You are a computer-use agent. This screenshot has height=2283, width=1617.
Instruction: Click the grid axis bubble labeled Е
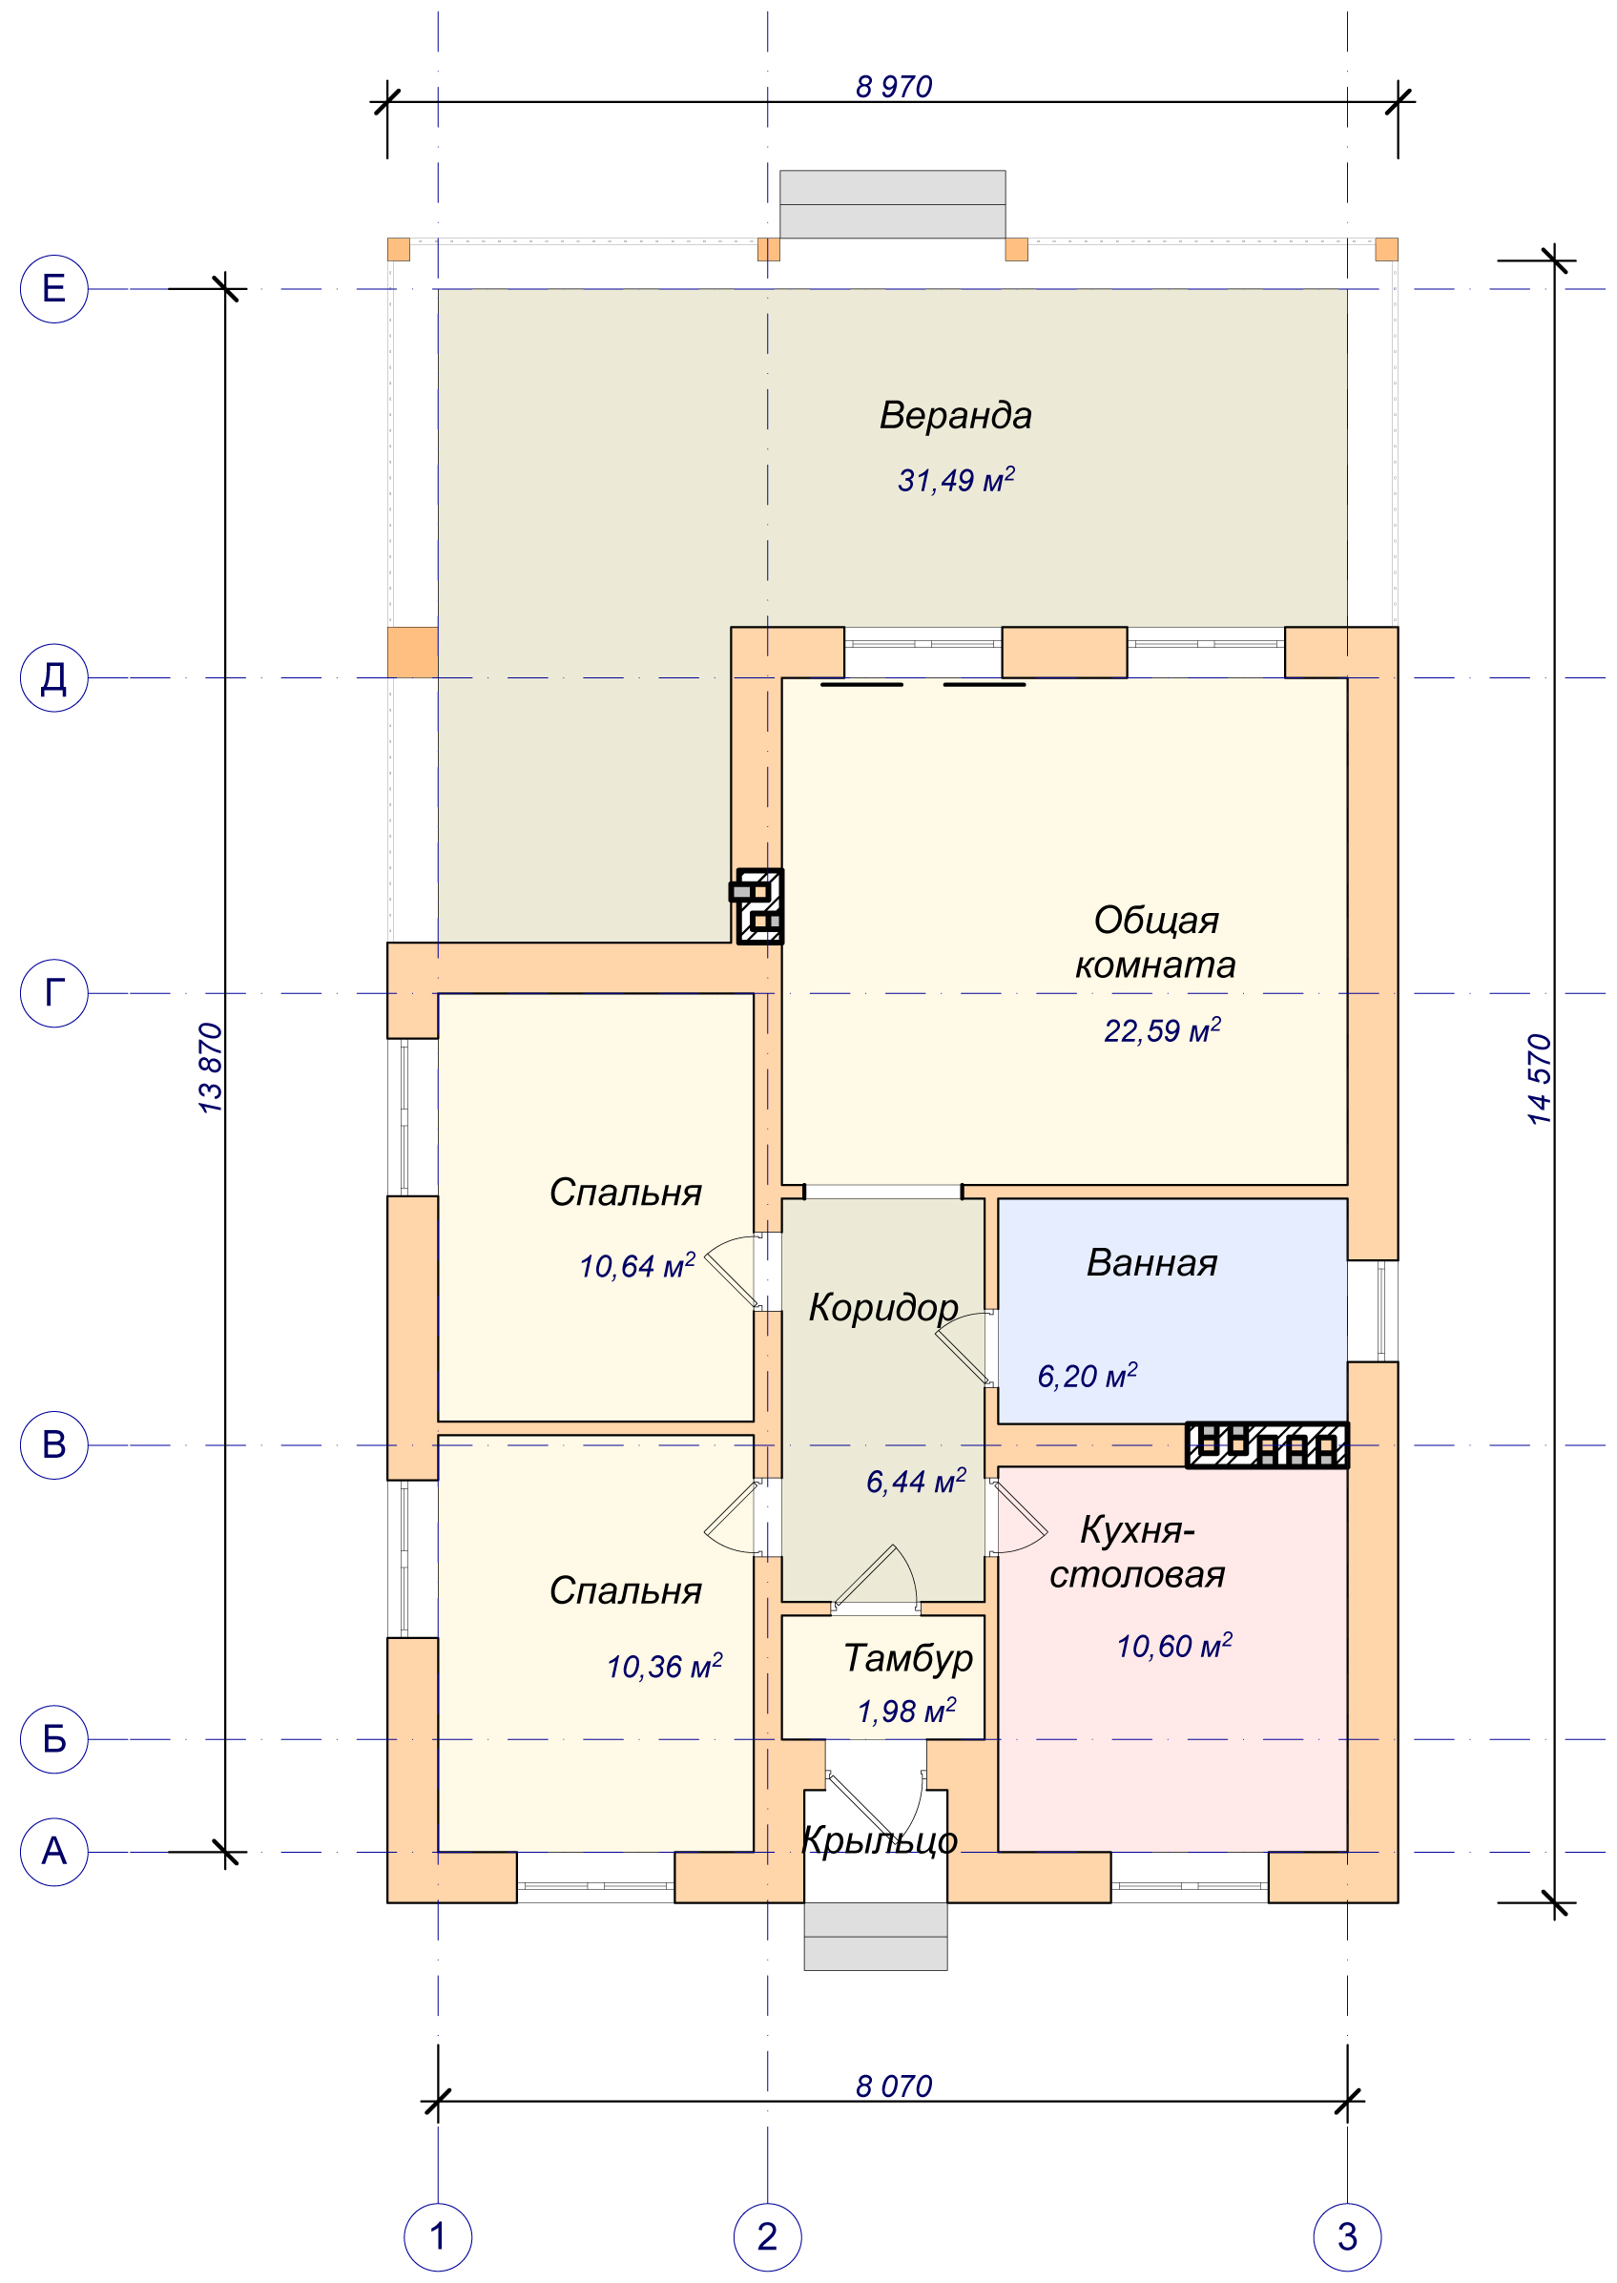[x=54, y=289]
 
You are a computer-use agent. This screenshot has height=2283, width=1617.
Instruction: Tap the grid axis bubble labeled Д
[x=54, y=677]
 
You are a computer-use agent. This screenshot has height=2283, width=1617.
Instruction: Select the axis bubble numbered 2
[x=767, y=2236]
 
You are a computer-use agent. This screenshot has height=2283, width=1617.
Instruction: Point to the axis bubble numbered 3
[x=1347, y=2236]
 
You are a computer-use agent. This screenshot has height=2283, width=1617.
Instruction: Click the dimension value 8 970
[x=893, y=87]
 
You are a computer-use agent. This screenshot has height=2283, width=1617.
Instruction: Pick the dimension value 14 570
[x=1540, y=1079]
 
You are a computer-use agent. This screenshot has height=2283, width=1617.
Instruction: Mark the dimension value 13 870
[x=210, y=1068]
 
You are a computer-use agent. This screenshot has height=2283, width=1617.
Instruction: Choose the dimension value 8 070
[x=893, y=2086]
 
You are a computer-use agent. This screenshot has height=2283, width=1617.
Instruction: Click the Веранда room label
[x=955, y=415]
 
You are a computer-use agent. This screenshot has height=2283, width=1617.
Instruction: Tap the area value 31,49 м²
[x=956, y=479]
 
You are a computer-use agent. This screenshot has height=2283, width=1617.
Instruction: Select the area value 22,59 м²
[x=1162, y=1029]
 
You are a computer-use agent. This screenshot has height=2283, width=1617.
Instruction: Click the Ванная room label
[x=1152, y=1262]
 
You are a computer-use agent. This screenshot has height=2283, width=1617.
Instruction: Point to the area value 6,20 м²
[x=1087, y=1375]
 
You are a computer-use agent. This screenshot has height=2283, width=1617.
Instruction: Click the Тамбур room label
[x=908, y=1659]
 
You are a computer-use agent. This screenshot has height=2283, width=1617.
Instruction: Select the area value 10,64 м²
[x=637, y=1265]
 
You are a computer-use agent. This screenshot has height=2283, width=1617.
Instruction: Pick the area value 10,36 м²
[x=664, y=1666]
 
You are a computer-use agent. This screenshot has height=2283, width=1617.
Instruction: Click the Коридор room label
[x=883, y=1308]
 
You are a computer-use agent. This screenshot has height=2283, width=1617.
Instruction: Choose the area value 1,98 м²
[x=906, y=1711]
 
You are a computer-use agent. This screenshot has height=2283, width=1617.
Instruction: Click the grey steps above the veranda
[x=892, y=204]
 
